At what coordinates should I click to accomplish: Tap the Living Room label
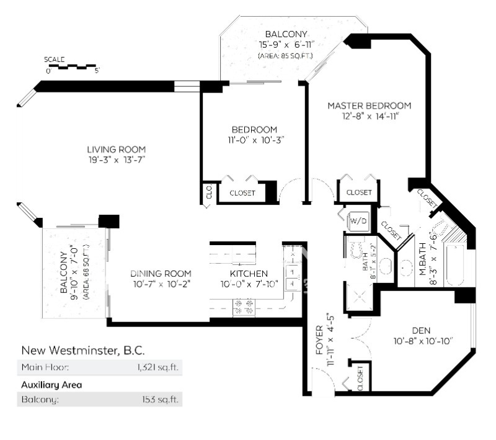(x=116, y=149)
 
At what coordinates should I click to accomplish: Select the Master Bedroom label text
(x=369, y=106)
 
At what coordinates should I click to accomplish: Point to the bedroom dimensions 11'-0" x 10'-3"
(x=254, y=140)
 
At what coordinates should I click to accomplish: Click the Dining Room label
(x=161, y=274)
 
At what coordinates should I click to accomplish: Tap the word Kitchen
(x=249, y=274)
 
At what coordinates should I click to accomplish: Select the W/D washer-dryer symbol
(x=358, y=220)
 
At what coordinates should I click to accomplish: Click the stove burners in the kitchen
(x=244, y=307)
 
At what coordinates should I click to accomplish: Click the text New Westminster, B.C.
(x=83, y=351)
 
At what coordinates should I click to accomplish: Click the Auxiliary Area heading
(x=51, y=385)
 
